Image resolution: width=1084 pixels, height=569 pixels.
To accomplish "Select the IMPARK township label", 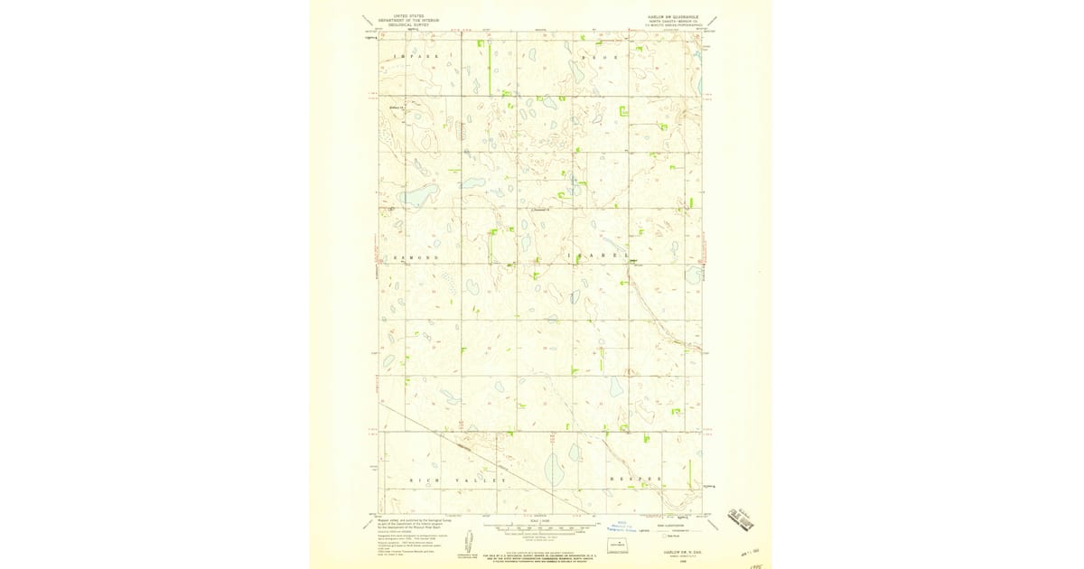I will (416, 56).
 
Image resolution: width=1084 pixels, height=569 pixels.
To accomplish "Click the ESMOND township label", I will (416, 258).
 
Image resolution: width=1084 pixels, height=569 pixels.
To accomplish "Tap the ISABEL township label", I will (597, 257).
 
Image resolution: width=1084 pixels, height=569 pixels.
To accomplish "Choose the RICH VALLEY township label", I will (458, 480).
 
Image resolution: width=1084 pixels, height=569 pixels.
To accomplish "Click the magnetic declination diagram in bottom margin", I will (470, 543).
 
